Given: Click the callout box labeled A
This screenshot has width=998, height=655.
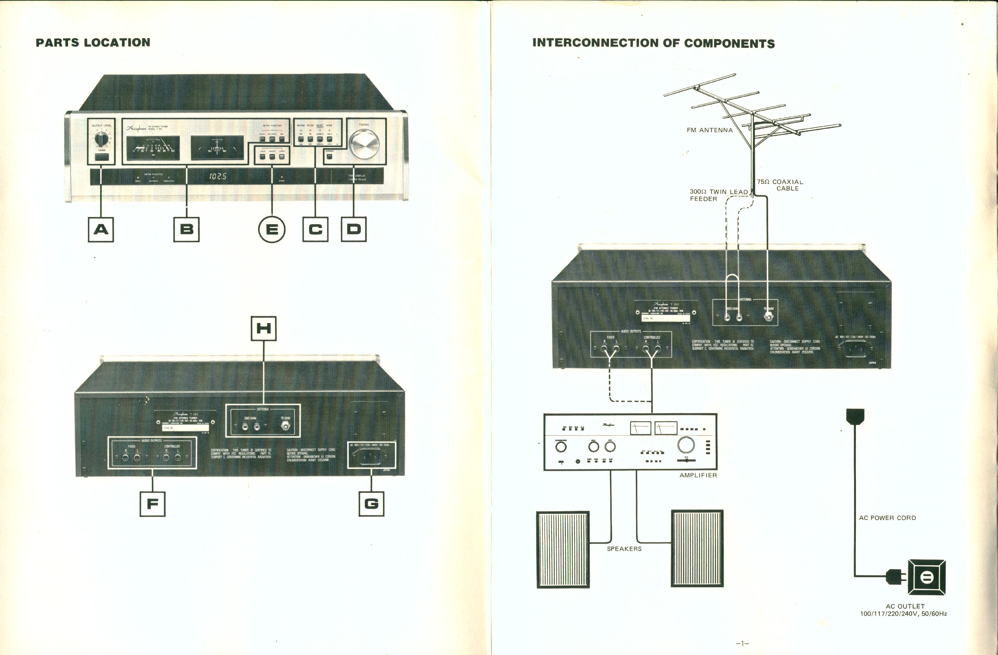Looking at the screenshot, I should point(100,229).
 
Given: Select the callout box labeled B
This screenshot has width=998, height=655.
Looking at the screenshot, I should point(186,229).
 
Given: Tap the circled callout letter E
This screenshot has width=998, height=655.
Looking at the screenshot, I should point(272,229).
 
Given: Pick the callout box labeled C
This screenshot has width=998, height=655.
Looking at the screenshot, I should point(315,229).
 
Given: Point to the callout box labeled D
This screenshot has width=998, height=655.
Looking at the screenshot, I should point(353,229).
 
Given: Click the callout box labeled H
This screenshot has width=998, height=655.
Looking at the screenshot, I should point(263,328).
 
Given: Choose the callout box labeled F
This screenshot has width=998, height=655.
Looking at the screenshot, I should point(152,504).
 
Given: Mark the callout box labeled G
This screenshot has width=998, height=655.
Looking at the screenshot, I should point(371,504).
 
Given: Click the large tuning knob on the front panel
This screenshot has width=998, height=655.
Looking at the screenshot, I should point(364,144).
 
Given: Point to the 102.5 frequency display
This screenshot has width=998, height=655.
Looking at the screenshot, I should point(218,176).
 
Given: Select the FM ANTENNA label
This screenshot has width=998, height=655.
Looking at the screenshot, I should point(709,130).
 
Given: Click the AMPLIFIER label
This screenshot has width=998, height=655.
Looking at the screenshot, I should point(698,475).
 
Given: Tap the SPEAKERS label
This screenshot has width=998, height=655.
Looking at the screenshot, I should point(624,549).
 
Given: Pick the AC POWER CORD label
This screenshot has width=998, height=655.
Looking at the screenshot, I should point(887,518).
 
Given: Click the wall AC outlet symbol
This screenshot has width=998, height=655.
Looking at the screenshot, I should point(926,578).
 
